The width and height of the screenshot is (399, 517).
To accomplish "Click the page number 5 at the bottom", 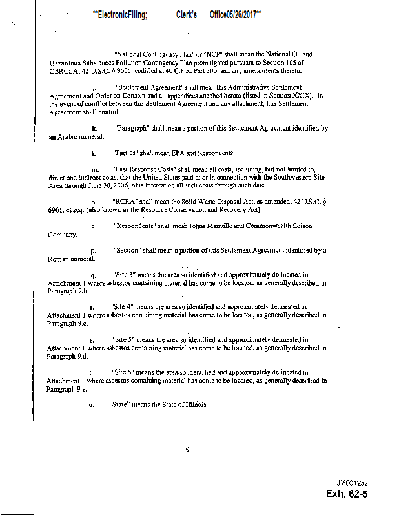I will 186,450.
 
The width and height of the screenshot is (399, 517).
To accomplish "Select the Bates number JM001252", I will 351,483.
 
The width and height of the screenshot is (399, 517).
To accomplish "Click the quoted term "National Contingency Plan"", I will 147,54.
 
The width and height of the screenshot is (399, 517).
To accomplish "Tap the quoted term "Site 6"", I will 124,373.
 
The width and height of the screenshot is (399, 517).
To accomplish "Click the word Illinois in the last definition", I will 194,405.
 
